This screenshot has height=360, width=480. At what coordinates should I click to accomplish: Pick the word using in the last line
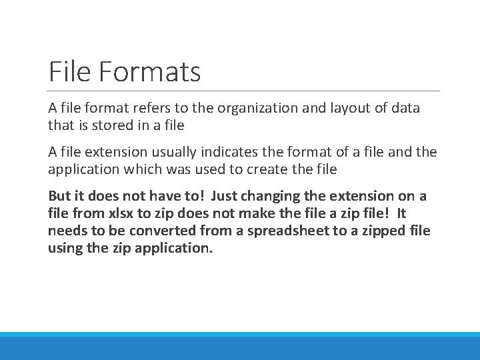point(65,249)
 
